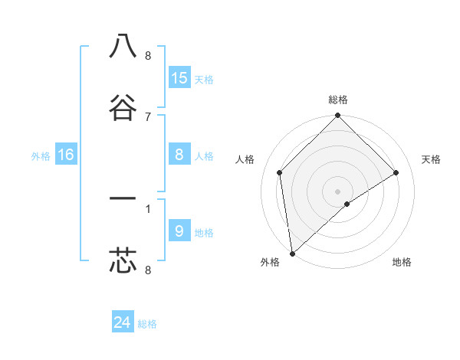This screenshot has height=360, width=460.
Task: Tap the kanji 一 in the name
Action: click(x=123, y=199)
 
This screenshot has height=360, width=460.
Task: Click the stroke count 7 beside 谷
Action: click(x=148, y=116)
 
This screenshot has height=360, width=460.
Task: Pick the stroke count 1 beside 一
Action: click(x=148, y=208)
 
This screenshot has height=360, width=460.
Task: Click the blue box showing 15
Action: click(x=179, y=78)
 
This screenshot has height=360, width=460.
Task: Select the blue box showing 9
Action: click(x=179, y=231)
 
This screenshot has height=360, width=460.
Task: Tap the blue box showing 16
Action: click(x=66, y=155)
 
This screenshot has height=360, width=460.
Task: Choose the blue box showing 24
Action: click(x=123, y=323)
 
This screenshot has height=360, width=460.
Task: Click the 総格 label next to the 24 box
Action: click(x=147, y=324)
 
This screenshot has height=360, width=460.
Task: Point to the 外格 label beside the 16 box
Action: click(x=41, y=156)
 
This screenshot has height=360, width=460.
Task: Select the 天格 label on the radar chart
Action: click(x=431, y=159)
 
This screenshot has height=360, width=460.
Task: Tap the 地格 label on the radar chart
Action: click(x=402, y=262)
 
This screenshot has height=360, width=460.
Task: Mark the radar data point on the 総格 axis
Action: click(x=337, y=116)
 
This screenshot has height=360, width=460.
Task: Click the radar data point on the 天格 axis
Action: click(x=396, y=172)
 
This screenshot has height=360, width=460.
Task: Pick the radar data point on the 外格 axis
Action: click(x=292, y=254)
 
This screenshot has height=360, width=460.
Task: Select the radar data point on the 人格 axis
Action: click(x=280, y=172)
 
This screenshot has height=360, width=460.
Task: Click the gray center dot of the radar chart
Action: click(x=337, y=191)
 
